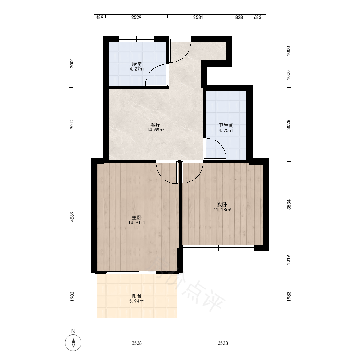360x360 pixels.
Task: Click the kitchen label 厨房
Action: point(137,64)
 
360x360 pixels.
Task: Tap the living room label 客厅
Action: point(156,125)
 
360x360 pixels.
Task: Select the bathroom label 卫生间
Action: point(226,125)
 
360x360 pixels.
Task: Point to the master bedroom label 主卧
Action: point(137,217)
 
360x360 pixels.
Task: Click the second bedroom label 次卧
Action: point(222,204)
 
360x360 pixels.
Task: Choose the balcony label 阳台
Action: point(137,296)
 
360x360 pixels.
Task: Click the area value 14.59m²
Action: point(156,130)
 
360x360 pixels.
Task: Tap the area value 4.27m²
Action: point(137,69)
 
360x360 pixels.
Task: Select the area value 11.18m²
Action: point(222,210)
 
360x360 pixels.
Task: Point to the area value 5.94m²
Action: point(136,301)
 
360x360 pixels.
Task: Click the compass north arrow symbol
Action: point(73,343)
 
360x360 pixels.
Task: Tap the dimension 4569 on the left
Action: point(72,217)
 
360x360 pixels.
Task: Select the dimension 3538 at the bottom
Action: point(136,343)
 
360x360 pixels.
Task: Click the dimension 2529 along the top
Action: point(136,17)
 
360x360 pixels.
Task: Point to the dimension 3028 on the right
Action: point(289,125)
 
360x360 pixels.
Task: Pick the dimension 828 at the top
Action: point(239,17)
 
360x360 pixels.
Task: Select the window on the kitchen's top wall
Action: point(136,39)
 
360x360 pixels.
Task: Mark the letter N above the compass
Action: point(73,331)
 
